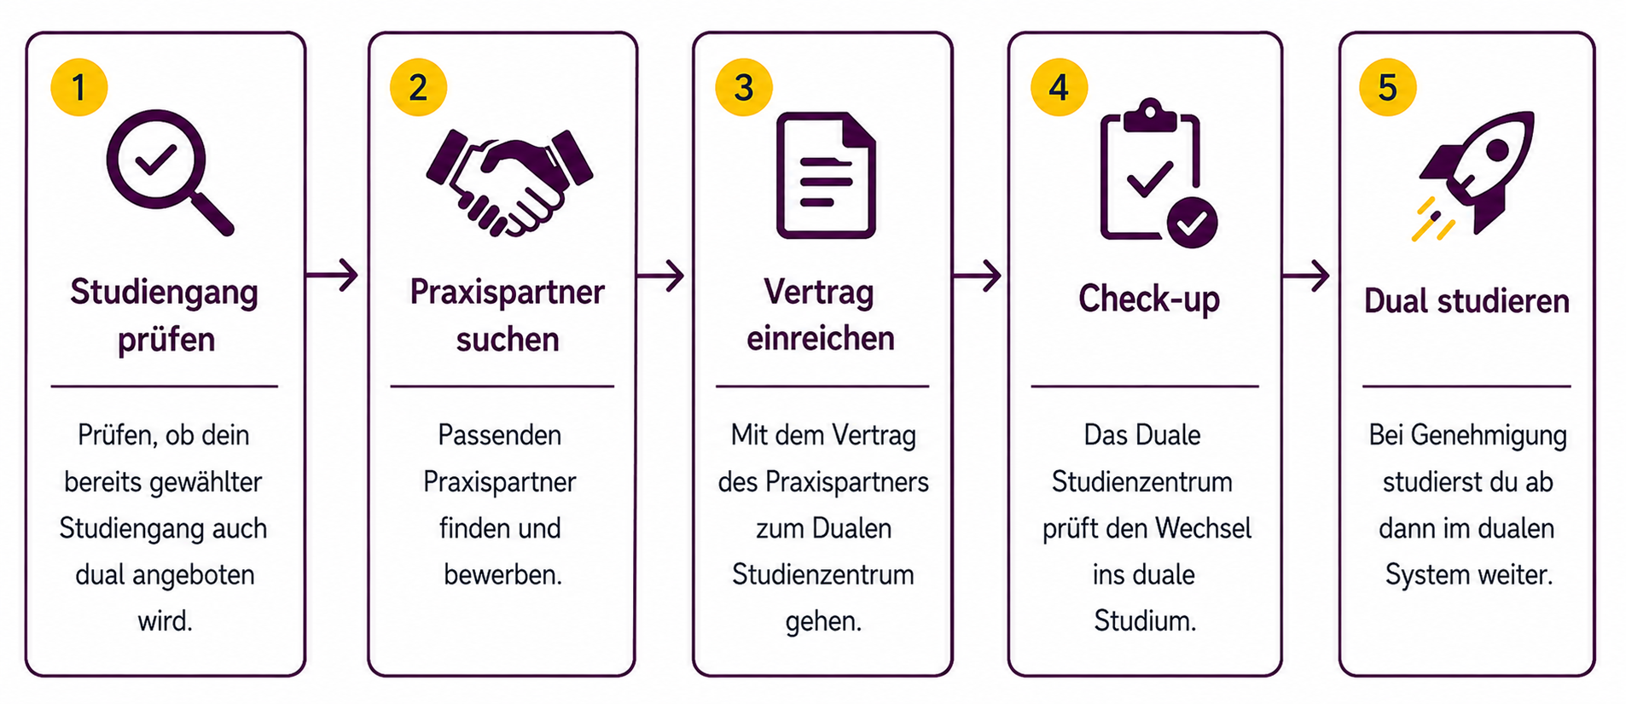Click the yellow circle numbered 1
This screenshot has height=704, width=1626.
coord(79,87)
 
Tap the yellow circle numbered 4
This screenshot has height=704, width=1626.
coord(1059,87)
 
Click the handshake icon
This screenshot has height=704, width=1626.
coord(509,182)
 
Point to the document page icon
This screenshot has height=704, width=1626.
coord(826,175)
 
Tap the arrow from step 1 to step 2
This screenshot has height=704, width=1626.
coord(332,275)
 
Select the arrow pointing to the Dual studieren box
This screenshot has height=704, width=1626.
coord(1305,276)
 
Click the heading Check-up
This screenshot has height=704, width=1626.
coord(1148,299)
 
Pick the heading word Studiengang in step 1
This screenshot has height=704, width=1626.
coord(164,293)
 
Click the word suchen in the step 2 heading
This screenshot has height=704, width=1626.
coord(508,340)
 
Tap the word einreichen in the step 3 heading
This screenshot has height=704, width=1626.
coord(821,339)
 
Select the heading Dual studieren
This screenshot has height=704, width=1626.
coord(1466,301)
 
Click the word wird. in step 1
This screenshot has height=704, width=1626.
coord(166,620)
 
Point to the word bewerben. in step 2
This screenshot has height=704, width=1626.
coord(502,574)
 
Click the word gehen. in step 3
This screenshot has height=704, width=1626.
coord(823,621)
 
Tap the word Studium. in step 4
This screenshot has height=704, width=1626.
coord(1145,620)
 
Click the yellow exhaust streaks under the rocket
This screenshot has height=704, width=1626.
coord(1433,219)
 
